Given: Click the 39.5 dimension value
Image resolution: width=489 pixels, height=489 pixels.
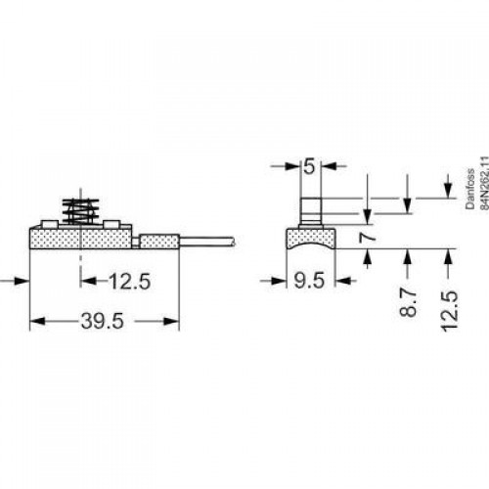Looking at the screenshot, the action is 103,321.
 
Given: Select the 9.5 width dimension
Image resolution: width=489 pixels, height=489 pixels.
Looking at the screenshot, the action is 309,281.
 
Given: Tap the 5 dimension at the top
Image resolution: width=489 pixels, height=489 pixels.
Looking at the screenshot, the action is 309,166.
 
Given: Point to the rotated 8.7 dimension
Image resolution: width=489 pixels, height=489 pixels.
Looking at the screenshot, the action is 408,302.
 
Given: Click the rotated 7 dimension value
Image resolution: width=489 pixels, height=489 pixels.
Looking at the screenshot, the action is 368,238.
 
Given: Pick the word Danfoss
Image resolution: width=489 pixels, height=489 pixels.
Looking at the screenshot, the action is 470,189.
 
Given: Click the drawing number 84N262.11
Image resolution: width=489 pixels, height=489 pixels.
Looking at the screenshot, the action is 485,183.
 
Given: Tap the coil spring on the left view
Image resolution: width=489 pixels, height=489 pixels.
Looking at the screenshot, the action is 80,210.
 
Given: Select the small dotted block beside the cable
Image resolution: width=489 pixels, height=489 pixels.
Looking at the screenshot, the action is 159,242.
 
